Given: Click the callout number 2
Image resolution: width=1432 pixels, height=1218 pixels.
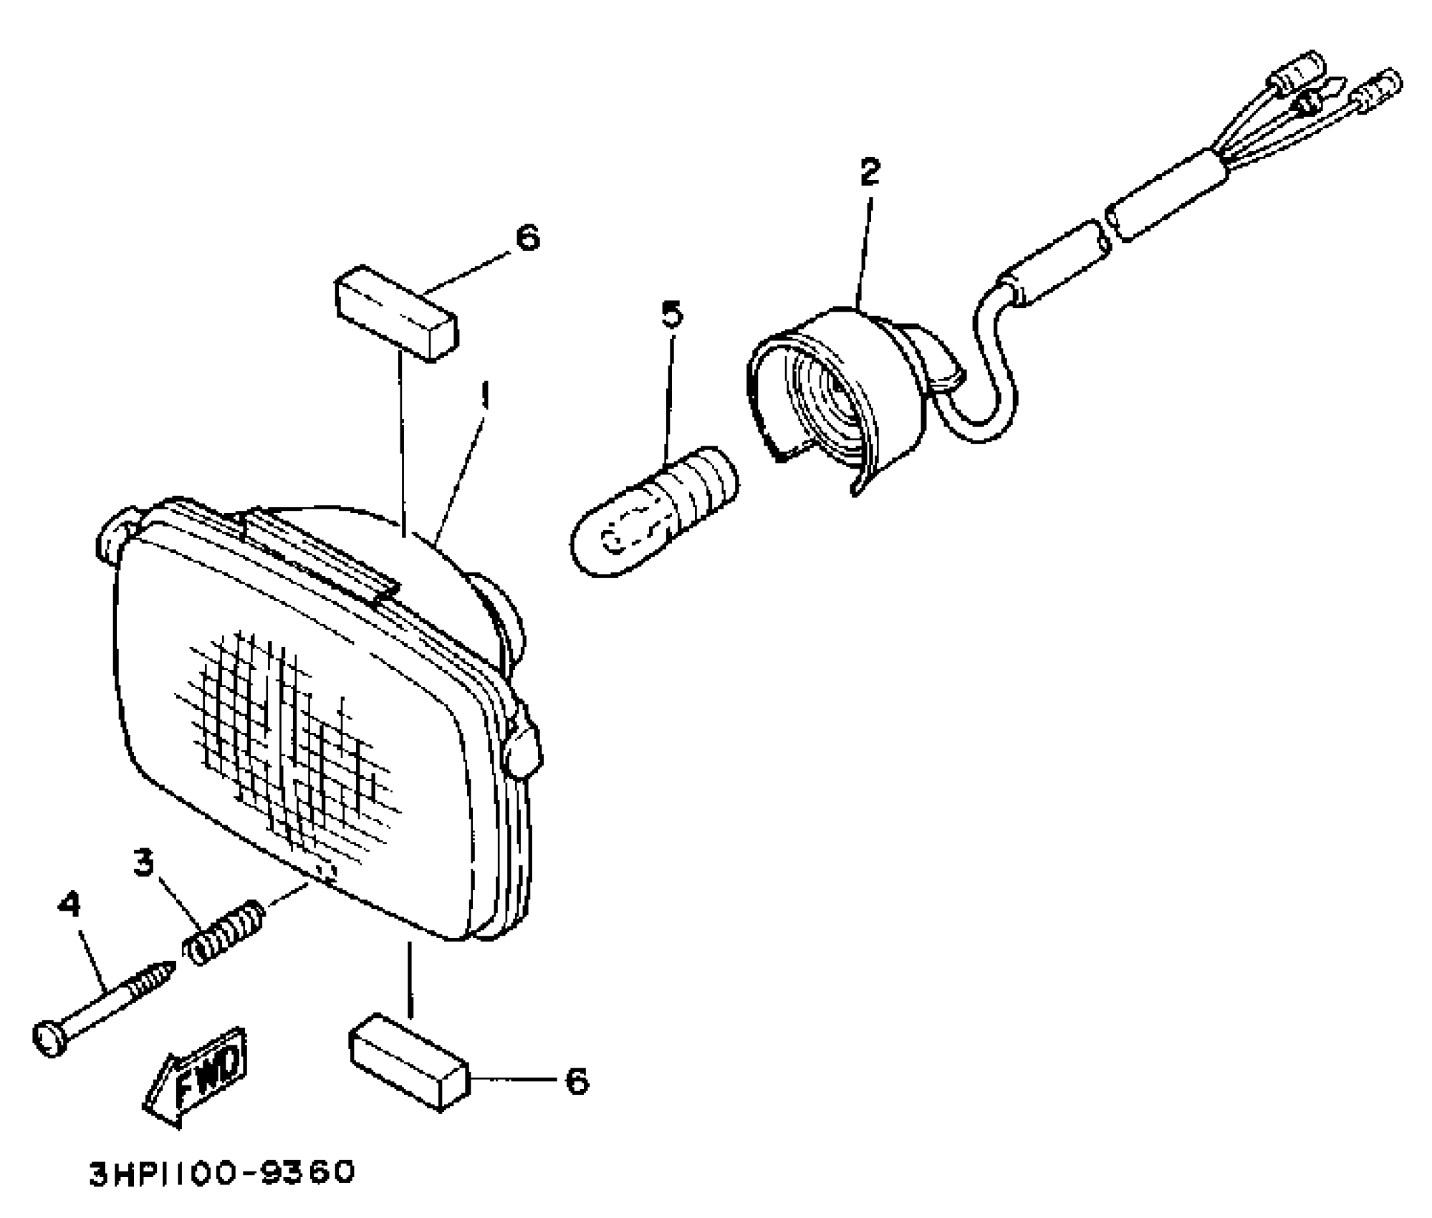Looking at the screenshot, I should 869,172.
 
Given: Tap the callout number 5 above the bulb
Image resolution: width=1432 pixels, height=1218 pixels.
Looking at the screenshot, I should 672,315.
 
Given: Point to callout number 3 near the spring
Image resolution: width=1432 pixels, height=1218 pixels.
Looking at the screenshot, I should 144,863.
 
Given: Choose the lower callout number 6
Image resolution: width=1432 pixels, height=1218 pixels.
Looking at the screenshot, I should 577,1081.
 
